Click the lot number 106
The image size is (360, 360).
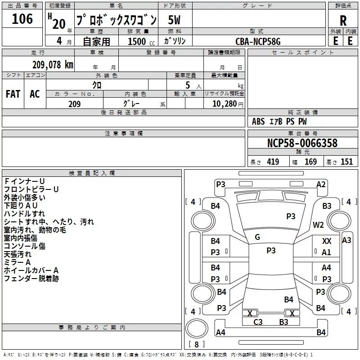point(22,19)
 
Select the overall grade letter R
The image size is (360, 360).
point(343,21)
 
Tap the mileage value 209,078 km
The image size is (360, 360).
point(53,65)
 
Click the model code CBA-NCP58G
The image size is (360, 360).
point(258,41)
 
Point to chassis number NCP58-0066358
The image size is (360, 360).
point(302,143)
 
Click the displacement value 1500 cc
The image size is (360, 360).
point(141,41)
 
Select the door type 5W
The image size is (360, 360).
point(174,20)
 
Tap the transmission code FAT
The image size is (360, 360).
point(13,94)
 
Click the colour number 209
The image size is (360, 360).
point(75,104)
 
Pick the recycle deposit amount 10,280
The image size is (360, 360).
point(225,104)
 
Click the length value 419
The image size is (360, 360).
point(273,162)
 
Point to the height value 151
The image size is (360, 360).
point(346,162)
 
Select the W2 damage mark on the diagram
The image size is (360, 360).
point(318,225)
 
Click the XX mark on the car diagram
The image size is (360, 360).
point(327,241)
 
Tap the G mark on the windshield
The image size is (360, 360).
point(257,237)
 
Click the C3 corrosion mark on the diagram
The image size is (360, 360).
point(258,322)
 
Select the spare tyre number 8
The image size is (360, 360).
point(197,344)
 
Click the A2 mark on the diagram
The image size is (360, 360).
point(321,184)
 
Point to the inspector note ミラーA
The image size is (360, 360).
point(17,262)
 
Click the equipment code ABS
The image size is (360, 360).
point(258,121)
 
